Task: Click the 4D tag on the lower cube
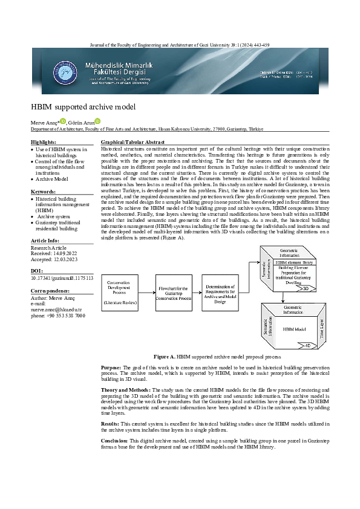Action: [x=307, y=345]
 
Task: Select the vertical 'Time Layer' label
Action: [x=322, y=327]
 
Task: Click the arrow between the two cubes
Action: [x=283, y=296]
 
